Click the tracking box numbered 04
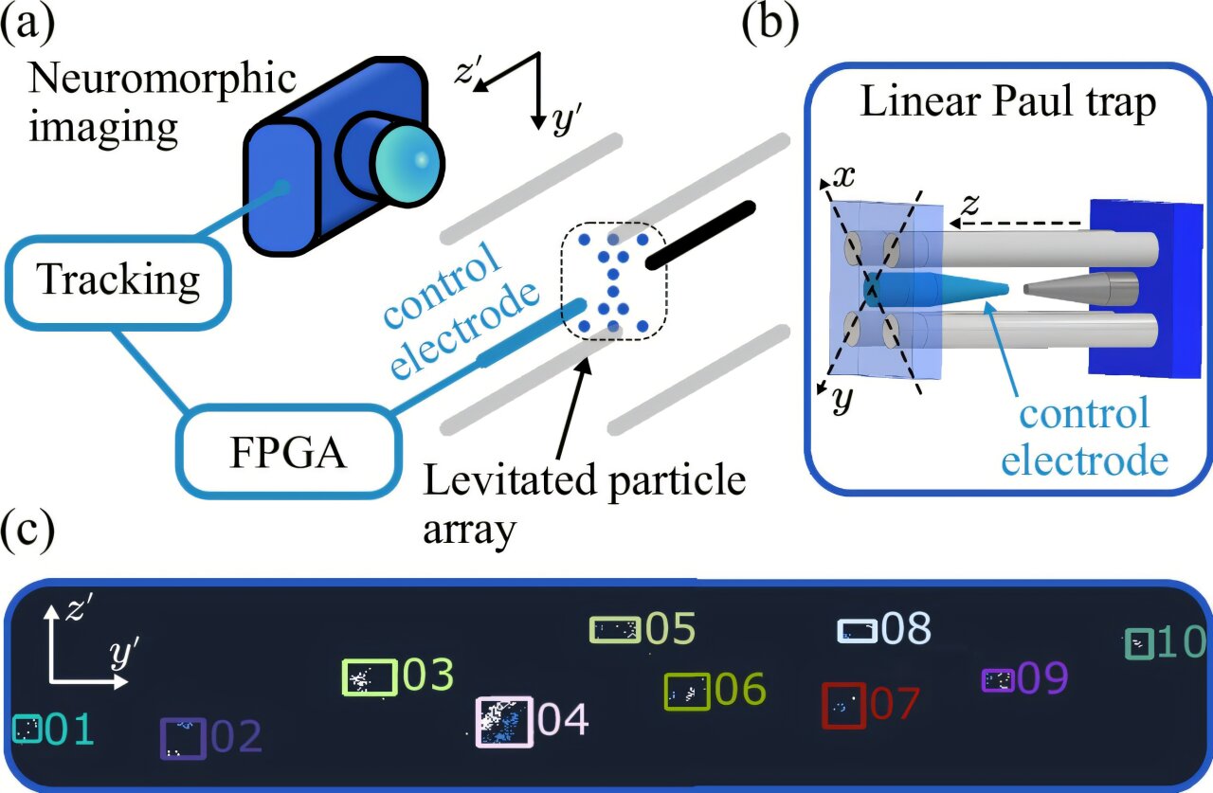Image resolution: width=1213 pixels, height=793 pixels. click(503, 722)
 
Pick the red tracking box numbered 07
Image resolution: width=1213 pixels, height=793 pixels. click(842, 706)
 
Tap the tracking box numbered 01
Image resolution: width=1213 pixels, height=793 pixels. click(27, 729)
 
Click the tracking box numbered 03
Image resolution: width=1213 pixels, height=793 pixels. click(369, 677)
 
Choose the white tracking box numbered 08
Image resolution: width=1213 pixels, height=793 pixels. click(858, 630)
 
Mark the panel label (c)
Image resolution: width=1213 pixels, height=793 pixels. click(28, 532)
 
